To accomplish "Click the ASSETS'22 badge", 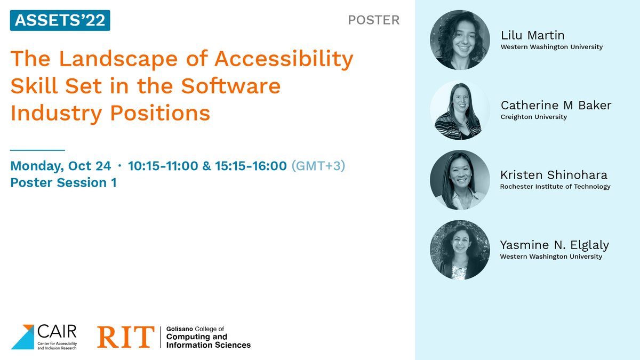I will (x=60, y=21).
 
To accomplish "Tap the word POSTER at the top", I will (x=373, y=20).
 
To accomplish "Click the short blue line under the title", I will (x=37, y=150).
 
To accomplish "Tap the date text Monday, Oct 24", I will (x=61, y=166).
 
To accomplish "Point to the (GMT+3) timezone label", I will (x=318, y=166).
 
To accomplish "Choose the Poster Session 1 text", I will (x=63, y=183).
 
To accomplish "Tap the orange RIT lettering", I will (x=126, y=337).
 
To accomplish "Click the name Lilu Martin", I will (x=532, y=36).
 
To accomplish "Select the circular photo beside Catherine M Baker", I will (x=460, y=110).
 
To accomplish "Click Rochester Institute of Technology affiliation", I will (x=555, y=187).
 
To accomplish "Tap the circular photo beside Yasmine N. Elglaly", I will (x=460, y=250).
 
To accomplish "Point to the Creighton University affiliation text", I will (x=533, y=117).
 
